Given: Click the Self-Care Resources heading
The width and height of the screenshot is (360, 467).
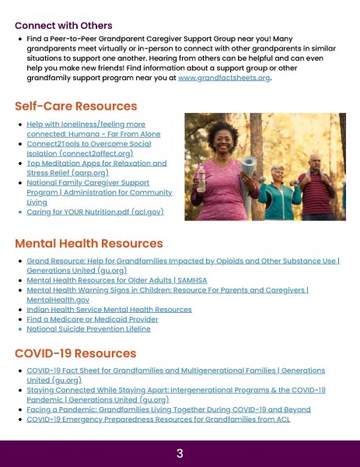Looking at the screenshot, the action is click(75, 106).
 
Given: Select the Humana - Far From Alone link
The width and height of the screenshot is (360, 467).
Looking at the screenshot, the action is click(86, 129).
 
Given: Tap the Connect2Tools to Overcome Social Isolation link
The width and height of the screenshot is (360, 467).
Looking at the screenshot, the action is click(89, 149).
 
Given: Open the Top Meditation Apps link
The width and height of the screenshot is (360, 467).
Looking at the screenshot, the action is click(96, 168).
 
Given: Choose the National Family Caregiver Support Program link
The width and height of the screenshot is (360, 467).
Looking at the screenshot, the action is click(99, 191).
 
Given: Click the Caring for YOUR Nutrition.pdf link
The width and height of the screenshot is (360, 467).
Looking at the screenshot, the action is click(94, 212).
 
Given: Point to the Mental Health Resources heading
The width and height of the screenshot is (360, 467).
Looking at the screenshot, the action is click(89, 244).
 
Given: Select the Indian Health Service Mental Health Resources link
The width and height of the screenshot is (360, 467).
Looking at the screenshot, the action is click(109, 309).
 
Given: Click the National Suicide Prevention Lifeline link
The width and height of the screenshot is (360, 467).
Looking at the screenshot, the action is click(89, 329).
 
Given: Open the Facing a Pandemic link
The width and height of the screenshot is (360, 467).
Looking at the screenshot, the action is click(168, 409).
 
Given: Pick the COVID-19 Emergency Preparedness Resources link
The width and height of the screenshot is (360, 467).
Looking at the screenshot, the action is click(158, 420).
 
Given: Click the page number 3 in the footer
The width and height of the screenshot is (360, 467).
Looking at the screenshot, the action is click(180, 453).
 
